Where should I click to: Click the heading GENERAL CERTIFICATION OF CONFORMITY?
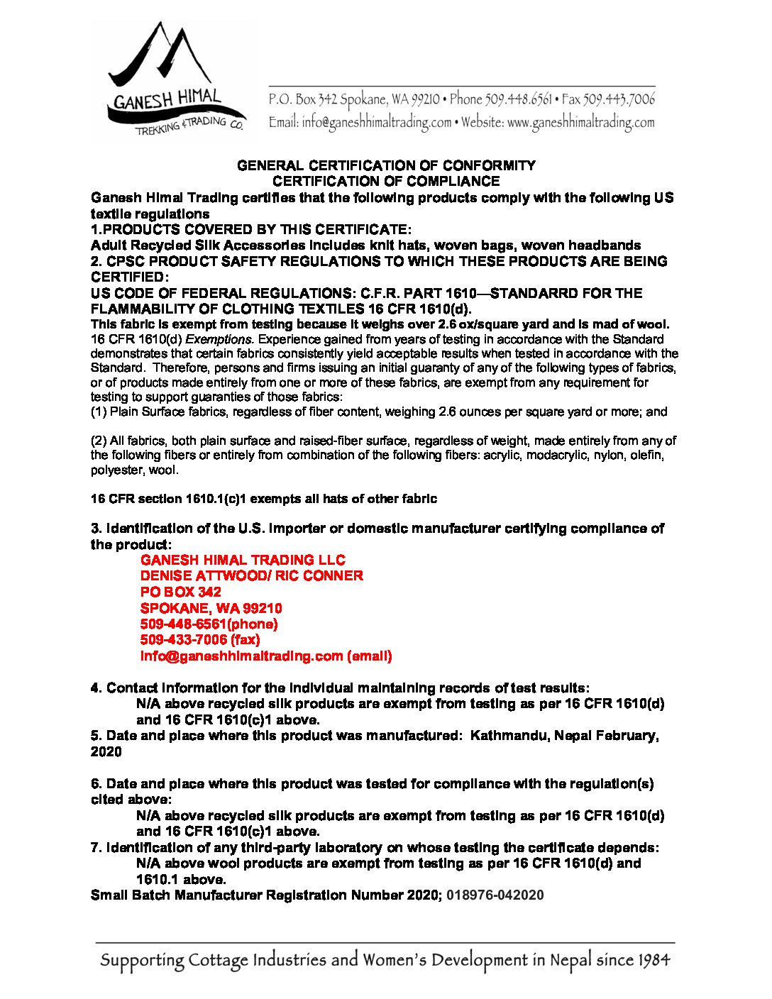tap(386, 165)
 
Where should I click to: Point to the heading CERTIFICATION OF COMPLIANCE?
tap(386, 181)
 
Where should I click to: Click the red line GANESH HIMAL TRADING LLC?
tap(243, 560)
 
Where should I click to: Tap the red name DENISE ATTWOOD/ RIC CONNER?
tap(251, 575)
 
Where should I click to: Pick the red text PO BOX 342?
tap(180, 592)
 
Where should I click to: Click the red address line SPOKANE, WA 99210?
tap(211, 608)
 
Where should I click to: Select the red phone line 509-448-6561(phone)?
tap(209, 624)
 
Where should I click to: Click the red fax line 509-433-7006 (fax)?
tap(200, 640)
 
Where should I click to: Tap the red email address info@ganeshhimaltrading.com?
tap(241, 656)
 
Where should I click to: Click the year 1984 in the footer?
tap(653, 961)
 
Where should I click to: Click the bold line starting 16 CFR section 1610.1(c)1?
tap(263, 499)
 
